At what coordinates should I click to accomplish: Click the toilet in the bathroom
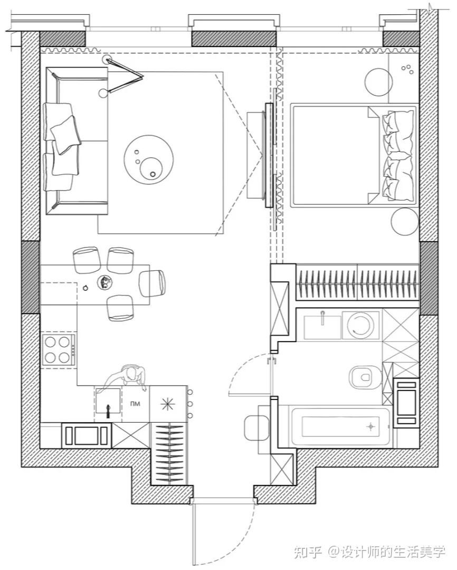pyautogui.click(x=363, y=376)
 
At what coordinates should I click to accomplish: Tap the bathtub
pyautogui.click(x=341, y=425)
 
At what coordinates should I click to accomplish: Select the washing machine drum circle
pyautogui.click(x=360, y=325)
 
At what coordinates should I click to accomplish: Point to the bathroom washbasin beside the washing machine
pyautogui.click(x=322, y=325)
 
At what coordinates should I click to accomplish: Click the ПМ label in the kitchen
pyautogui.click(x=137, y=404)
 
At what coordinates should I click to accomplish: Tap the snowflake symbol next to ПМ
pyautogui.click(x=167, y=404)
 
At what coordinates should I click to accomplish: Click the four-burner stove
pyautogui.click(x=59, y=349)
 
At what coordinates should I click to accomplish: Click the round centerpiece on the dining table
pyautogui.click(x=106, y=282)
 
